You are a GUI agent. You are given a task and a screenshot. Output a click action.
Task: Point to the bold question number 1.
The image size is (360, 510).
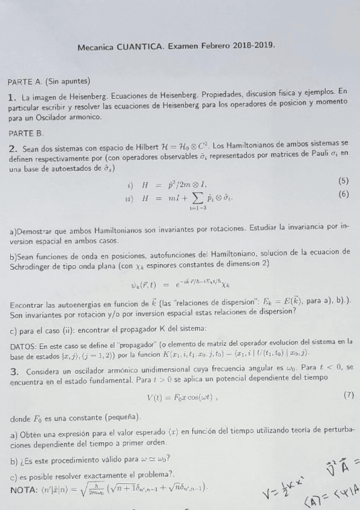click(x=11, y=97)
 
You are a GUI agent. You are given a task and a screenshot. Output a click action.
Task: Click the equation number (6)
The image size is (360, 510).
click(x=343, y=194)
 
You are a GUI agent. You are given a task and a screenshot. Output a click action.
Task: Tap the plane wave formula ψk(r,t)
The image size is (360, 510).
click(x=180, y=284)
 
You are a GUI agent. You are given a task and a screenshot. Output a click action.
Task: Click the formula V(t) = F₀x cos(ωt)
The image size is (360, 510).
click(x=182, y=397)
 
